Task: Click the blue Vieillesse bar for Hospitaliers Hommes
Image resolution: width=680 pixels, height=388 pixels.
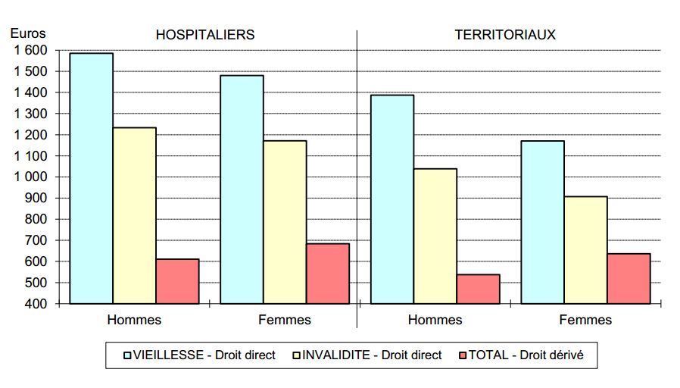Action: pyautogui.click(x=91, y=178)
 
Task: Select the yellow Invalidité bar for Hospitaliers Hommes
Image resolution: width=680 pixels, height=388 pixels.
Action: pyautogui.click(x=134, y=215)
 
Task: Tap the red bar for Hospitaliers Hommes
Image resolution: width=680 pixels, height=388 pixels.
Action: pyautogui.click(x=177, y=281)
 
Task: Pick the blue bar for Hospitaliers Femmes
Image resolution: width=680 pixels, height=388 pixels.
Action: pyautogui.click(x=242, y=189)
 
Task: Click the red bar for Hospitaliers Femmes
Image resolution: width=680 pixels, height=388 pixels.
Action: pyautogui.click(x=328, y=274)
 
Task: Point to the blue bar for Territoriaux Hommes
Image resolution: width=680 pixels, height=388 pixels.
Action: pyautogui.click(x=391, y=199)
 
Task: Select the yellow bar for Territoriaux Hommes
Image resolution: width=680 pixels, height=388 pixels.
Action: pyautogui.click(x=435, y=236)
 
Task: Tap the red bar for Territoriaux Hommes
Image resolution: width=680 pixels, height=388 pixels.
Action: pyautogui.click(x=478, y=289)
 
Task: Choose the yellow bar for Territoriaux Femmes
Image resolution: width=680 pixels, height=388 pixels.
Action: pyautogui.click(x=585, y=250)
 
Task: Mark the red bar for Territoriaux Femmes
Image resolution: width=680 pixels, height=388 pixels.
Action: pyautogui.click(x=629, y=278)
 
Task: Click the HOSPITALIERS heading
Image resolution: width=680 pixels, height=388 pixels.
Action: pyautogui.click(x=204, y=35)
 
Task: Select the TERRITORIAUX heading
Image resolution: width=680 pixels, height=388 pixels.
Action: pyautogui.click(x=505, y=35)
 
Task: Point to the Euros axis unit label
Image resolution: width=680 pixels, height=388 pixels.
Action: pyautogui.click(x=28, y=33)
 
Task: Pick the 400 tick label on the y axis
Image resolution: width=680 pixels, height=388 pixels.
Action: pyautogui.click(x=36, y=303)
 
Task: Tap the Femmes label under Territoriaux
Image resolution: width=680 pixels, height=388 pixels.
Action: pyautogui.click(x=585, y=320)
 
